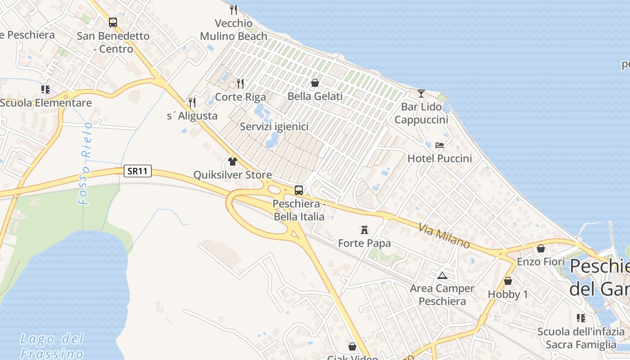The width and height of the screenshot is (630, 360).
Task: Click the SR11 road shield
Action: [138, 171]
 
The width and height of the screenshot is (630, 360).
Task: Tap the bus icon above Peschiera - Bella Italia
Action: [299, 190]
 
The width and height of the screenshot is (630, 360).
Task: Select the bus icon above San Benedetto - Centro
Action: [112, 22]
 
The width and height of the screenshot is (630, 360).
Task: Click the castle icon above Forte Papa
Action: [364, 230]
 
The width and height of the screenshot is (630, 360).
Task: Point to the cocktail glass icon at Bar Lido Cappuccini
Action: [421, 93]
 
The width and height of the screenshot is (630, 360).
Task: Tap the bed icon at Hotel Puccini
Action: [440, 145]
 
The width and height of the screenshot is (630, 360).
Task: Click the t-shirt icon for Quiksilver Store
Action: [233, 162]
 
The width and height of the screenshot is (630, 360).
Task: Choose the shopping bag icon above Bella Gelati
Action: [315, 83]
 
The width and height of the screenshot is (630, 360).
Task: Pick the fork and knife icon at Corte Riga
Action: [240, 83]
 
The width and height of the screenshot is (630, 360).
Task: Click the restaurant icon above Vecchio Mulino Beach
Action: [233, 9]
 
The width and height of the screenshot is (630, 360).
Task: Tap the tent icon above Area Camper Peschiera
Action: [442, 275]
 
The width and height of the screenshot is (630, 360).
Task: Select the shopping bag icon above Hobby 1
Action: [508, 281]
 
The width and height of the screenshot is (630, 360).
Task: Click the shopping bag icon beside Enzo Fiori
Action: [541, 248]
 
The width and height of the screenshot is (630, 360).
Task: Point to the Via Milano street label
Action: [444, 236]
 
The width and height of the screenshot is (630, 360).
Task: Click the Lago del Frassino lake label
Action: [52, 346]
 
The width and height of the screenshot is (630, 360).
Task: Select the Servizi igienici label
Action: [274, 127]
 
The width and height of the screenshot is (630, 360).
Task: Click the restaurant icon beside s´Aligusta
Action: [192, 103]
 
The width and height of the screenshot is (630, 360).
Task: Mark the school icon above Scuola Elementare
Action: [45, 90]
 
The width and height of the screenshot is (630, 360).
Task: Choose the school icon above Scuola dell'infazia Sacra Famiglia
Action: [581, 318]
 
